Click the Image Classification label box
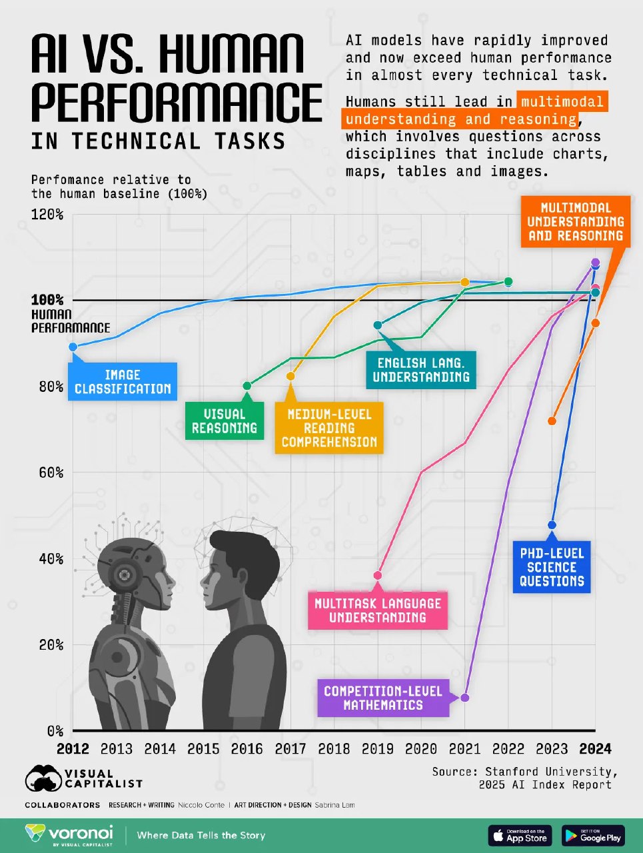point(123,382)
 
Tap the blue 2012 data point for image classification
point(73,347)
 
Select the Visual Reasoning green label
point(225,421)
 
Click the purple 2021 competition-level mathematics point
point(465,698)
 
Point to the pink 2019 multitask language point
point(378,575)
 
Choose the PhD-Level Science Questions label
point(552,567)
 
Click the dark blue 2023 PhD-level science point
point(552,525)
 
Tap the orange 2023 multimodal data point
point(552,421)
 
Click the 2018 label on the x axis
point(334,749)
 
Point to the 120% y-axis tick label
point(47,215)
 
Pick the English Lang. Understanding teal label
point(420,370)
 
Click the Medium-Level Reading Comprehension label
point(329,428)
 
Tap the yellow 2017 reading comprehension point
point(291,377)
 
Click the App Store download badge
point(520,835)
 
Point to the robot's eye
point(124,573)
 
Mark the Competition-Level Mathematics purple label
point(383,698)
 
